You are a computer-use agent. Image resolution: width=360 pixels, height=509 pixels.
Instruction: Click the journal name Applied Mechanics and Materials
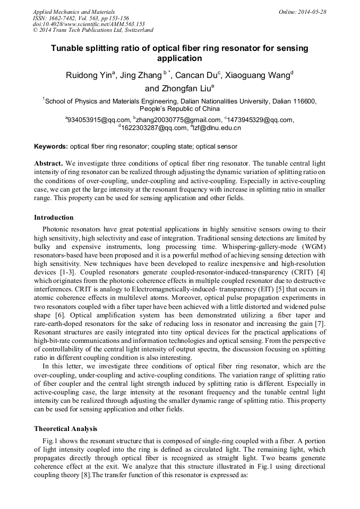(x=73, y=12)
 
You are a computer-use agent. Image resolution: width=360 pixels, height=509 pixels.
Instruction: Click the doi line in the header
(x=89, y=24)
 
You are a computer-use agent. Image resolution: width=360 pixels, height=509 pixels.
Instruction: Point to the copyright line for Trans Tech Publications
(x=93, y=30)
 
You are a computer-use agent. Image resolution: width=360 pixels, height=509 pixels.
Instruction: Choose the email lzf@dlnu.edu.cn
(x=217, y=128)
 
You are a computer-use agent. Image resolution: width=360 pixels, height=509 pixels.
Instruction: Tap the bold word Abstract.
(x=49, y=163)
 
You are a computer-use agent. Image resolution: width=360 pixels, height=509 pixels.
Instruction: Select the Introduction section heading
(x=54, y=217)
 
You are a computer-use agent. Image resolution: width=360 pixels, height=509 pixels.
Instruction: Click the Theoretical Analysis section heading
(x=66, y=428)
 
